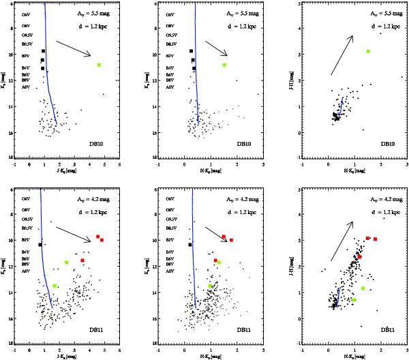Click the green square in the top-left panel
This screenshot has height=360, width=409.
pos(99,65)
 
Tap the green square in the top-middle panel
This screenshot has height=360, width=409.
pos(224,65)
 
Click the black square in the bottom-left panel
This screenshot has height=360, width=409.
pos(41,244)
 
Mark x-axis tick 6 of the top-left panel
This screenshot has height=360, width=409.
pos(119,164)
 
